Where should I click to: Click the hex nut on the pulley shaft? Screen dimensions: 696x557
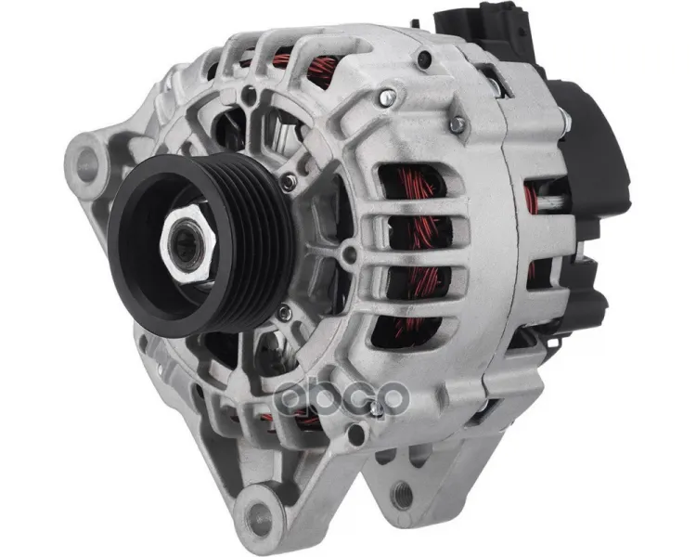pos(188,244)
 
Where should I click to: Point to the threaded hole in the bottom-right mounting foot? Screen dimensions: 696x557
pos(403,495)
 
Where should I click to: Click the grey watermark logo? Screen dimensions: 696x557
pos(341,397)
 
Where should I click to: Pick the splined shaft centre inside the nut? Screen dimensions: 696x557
pos(187,245)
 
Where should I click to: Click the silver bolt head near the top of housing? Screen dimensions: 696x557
pos(388,98)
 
